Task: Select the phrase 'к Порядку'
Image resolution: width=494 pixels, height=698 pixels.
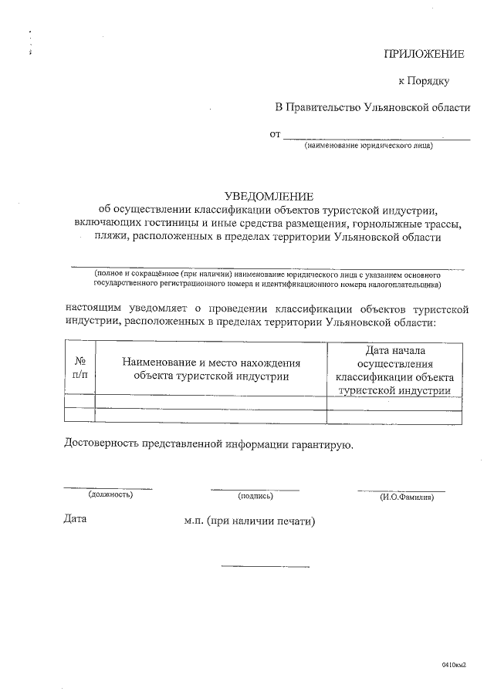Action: click(423, 80)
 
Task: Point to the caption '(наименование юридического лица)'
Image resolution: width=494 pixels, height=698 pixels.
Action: click(369, 146)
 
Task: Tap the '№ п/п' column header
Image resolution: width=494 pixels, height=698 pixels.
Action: click(80, 368)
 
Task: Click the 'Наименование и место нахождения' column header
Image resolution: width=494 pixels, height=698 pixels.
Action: click(211, 369)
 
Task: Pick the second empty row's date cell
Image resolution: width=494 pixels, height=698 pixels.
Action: click(394, 415)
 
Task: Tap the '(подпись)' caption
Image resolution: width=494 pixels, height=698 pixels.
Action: click(255, 496)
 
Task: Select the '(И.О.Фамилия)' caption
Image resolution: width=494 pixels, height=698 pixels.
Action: click(406, 497)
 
